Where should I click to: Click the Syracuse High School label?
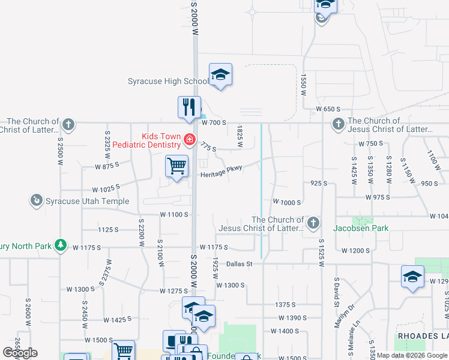pyautogui.click(x=168, y=82)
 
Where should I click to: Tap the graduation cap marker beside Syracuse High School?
pyautogui.click(x=220, y=75)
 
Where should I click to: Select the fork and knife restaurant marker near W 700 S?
pyautogui.click(x=189, y=107)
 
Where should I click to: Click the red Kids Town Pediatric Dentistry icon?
pyautogui.click(x=189, y=140)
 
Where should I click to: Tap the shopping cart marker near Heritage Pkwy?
pyautogui.click(x=177, y=166)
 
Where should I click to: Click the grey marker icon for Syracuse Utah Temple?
pyautogui.click(x=37, y=200)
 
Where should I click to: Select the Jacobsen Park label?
pyautogui.click(x=362, y=228)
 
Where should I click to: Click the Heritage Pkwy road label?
pyautogui.click(x=221, y=172)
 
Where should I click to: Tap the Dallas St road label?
pyautogui.click(x=240, y=263)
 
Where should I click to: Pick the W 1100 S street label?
pyautogui.click(x=174, y=214)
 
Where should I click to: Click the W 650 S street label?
pyautogui.click(x=328, y=109)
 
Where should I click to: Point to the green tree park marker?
pyautogui.click(x=59, y=245)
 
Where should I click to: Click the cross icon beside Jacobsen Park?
pyautogui.click(x=312, y=224)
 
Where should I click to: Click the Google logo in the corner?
pyautogui.click(x=20, y=353)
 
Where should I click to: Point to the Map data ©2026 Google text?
pyautogui.click(x=412, y=355)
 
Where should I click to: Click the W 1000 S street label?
pyautogui.click(x=286, y=203)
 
